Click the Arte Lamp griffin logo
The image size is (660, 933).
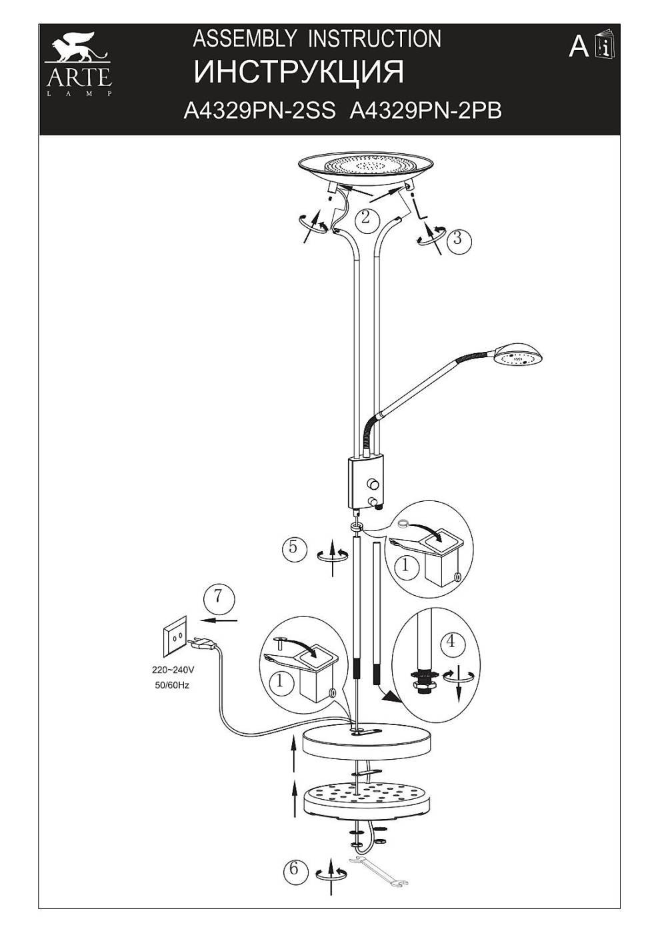click(78, 61)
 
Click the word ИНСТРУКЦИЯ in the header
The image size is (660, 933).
click(299, 73)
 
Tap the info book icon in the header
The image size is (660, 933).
click(605, 44)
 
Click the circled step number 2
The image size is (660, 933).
click(365, 217)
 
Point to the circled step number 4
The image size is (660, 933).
click(451, 642)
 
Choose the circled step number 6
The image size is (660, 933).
click(294, 870)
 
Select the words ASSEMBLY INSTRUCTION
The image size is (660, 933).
click(317, 39)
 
